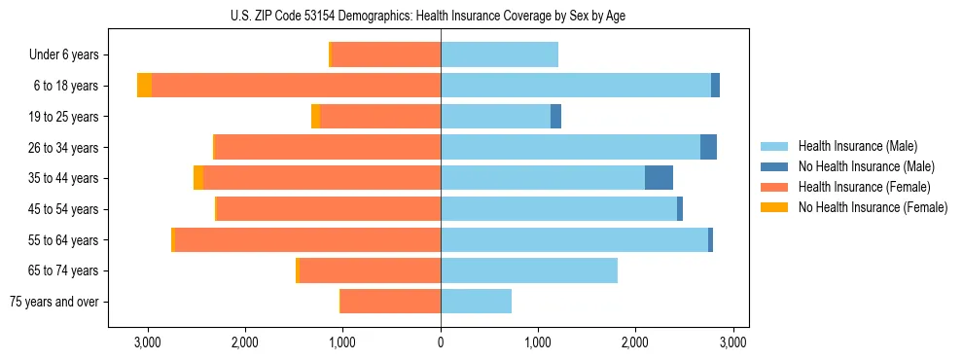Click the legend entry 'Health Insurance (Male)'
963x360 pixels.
coord(857,146)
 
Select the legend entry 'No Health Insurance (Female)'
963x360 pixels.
coord(873,207)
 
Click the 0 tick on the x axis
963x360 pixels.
coord(441,342)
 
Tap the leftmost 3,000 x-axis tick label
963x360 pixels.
coord(148,342)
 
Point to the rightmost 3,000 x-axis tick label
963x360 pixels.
coord(732,342)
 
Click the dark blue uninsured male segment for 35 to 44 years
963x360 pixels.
coord(659,178)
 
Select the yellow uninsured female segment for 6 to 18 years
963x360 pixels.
coord(144,86)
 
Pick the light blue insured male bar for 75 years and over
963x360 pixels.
coord(476,302)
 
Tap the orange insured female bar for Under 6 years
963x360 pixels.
coord(386,54)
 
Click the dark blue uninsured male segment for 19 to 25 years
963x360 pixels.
coord(555,117)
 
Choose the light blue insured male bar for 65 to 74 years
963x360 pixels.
coord(529,270)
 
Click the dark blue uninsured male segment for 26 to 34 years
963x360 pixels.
coord(708,147)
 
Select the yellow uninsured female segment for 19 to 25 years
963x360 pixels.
coord(315,117)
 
